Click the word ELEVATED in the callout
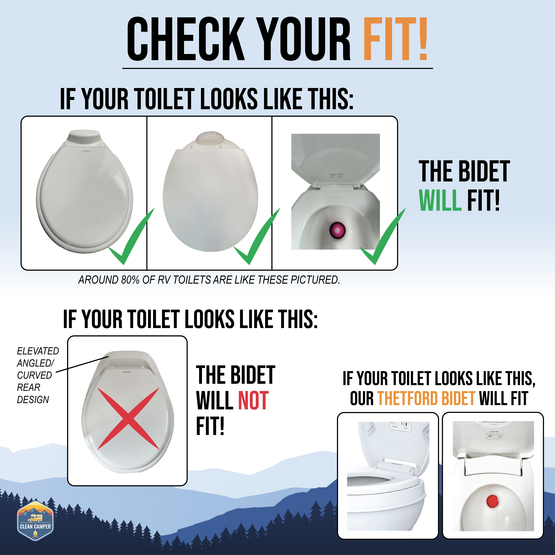[38, 351]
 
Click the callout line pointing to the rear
[82, 364]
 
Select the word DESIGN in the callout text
[33, 400]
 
